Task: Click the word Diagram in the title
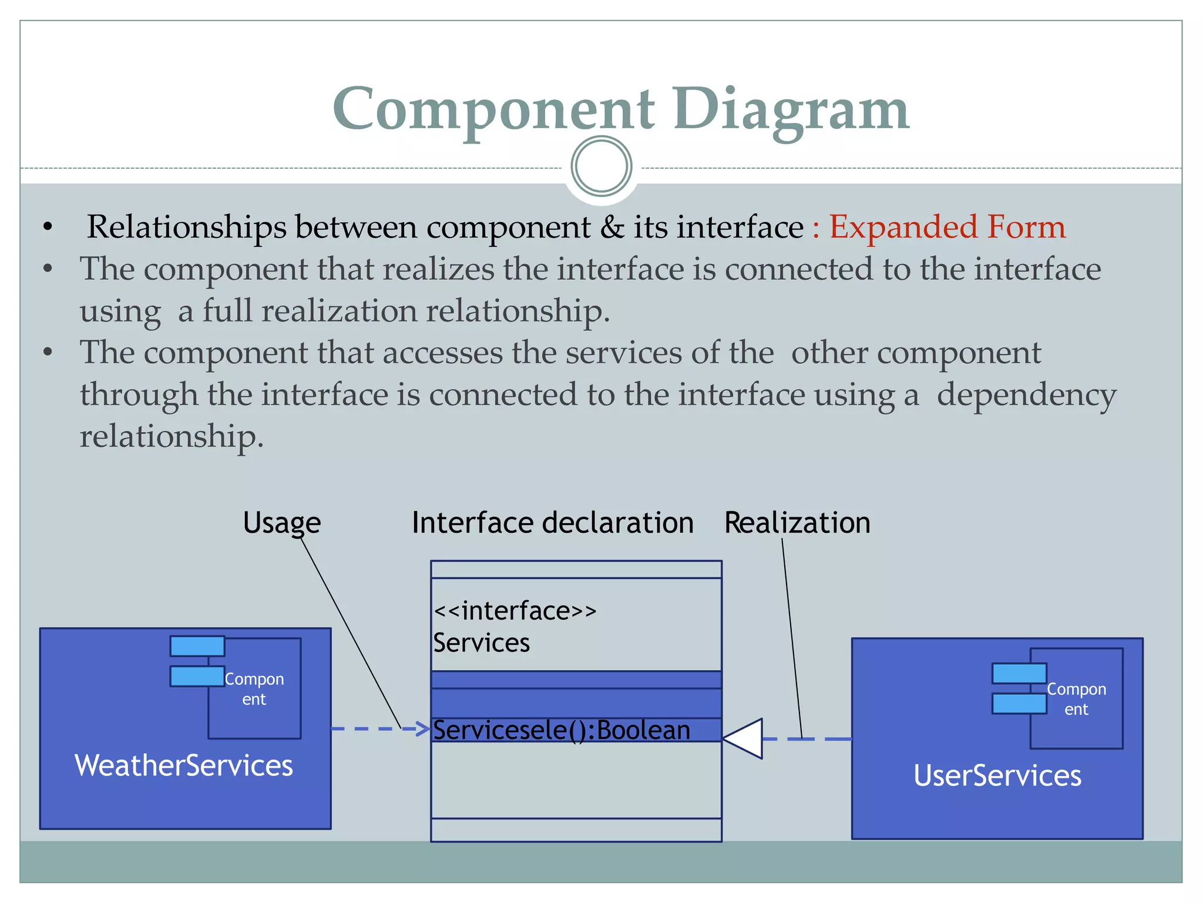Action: coord(791,109)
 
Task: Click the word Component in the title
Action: coord(493,109)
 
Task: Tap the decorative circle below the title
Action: coord(601,166)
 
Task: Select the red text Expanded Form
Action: coord(947,227)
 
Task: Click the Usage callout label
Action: coord(281,523)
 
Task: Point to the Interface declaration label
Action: coord(552,523)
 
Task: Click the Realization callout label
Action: coord(797,523)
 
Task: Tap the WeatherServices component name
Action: coord(183,765)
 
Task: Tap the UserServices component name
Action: coord(997,775)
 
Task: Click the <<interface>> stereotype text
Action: coord(515,611)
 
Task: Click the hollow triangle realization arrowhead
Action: coord(746,739)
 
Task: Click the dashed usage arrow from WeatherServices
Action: coord(376,729)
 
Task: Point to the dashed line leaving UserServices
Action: coord(811,739)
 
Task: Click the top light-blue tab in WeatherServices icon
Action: coord(197,646)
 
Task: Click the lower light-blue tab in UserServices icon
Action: coord(1019,703)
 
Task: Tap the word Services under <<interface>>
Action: coord(481,643)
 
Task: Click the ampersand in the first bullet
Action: coord(611,227)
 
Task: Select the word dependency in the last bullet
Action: coord(1026,394)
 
